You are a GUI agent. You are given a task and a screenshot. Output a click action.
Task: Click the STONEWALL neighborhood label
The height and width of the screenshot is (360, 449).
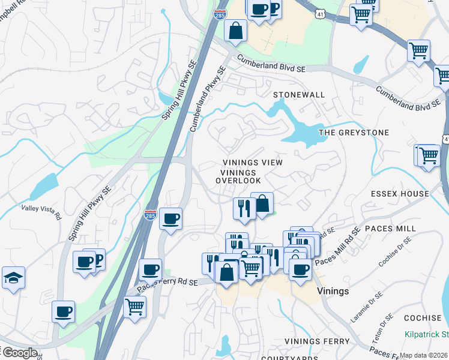(x=299, y=95)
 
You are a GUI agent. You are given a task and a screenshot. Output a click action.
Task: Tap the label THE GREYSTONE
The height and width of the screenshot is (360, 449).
(x=354, y=132)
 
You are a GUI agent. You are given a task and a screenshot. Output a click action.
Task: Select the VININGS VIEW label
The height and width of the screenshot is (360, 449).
(x=252, y=163)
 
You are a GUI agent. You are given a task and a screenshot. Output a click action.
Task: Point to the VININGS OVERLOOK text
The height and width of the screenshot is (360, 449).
(x=238, y=176)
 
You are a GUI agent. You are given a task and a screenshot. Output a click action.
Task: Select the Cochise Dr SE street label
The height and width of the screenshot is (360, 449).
(x=395, y=251)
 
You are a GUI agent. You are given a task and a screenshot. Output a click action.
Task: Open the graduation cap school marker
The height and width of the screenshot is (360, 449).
(x=13, y=278)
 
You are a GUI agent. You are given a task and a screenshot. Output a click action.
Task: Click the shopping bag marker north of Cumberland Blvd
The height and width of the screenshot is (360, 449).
(x=236, y=29)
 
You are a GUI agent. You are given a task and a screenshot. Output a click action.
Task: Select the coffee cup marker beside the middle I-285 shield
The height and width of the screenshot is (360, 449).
(x=171, y=218)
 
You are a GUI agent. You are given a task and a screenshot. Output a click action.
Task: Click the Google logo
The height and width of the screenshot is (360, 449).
(x=19, y=353)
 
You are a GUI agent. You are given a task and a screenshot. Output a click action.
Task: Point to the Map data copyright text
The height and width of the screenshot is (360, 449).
(x=424, y=355)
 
